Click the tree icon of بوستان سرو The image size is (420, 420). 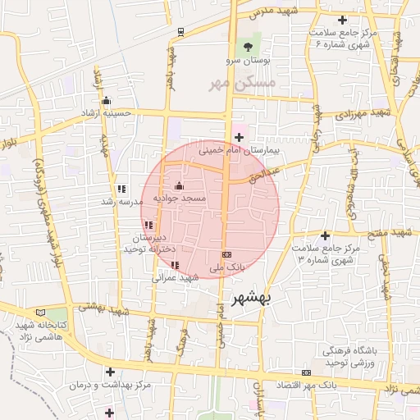pos(246,46)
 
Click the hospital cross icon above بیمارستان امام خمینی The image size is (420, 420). pos(240,137)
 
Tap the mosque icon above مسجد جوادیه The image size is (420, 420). pos(180,185)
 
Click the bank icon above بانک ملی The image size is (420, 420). pos(226,254)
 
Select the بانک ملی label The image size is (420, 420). pos(226,267)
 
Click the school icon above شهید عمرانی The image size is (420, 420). pos(175,265)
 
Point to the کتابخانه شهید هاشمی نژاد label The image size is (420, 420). pos(47,331)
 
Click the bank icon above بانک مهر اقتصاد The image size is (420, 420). pos(307,372)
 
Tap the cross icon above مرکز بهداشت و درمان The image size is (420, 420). pos(109,372)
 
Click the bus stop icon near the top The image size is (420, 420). pos(180,32)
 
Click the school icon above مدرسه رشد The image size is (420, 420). pos(122,189)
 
